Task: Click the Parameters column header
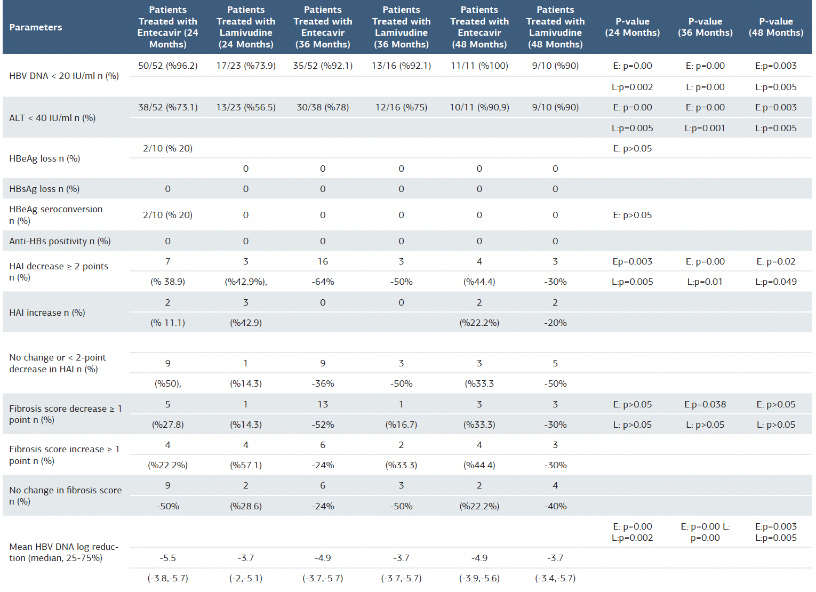coord(36,27)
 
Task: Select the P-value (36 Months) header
coord(705,27)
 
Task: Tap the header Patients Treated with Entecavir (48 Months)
coord(479,27)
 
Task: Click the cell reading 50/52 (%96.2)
coord(167,66)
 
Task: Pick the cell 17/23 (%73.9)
coord(245,66)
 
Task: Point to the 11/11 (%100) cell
coord(479,66)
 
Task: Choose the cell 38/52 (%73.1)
coord(167,107)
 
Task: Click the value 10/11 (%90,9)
coord(479,107)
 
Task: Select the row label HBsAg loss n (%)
coord(44,189)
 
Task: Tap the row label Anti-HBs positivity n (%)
coord(60,241)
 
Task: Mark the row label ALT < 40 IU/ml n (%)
coord(52,118)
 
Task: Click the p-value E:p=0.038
coord(705,404)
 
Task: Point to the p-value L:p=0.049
coord(775,282)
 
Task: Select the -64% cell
coord(323,282)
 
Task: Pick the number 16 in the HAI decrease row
coord(323,261)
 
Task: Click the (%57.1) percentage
coord(245,465)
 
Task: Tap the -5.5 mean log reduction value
coord(167,558)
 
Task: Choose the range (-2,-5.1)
coord(245,578)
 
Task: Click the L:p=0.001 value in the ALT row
coord(705,128)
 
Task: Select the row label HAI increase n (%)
coord(47,313)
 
